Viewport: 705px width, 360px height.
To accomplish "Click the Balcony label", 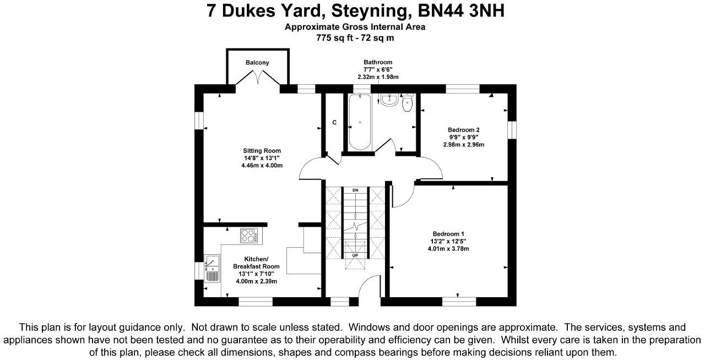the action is [257, 63].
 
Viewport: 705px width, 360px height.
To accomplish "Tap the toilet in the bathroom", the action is [408, 102].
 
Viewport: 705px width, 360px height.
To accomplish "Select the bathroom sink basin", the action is [389, 100].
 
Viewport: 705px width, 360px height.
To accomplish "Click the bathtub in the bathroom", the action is [360, 122].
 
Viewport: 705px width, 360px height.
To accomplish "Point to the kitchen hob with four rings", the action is [249, 236].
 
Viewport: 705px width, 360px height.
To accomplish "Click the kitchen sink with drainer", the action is [212, 269].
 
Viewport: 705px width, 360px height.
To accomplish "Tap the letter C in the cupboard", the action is [334, 122].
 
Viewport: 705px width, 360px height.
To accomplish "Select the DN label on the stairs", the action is [355, 190].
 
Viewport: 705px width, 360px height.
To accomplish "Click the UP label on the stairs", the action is [355, 255].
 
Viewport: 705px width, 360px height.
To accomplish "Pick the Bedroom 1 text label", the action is [448, 234].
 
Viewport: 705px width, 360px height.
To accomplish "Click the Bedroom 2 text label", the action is [464, 130].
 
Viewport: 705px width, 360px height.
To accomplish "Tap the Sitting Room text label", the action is [262, 151].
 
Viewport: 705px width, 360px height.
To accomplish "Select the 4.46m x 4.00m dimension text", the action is [262, 166].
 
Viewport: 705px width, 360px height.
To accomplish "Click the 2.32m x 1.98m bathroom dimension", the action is [378, 77].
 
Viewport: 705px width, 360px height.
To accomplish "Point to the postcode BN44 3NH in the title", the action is [461, 10].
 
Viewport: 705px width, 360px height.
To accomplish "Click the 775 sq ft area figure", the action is [334, 38].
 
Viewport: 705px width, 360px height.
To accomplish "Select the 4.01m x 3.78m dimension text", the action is [448, 249].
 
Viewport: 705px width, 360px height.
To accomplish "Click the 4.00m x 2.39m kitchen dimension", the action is [257, 281].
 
